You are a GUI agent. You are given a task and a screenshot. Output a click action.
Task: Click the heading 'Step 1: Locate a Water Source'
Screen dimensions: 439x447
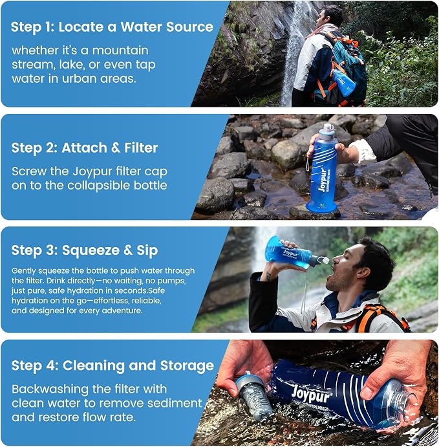[x=112, y=27]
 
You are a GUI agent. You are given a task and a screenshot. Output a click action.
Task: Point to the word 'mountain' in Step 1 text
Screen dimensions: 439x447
[x=120, y=50]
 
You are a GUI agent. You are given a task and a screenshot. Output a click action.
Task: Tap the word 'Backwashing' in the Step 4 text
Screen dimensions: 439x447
[x=50, y=389]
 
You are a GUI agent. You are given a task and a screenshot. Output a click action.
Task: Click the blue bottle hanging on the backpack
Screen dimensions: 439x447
[x=343, y=83]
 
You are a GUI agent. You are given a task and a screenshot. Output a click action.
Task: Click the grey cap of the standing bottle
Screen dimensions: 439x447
[x=328, y=130]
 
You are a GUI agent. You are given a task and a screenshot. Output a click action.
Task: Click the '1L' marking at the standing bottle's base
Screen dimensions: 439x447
[x=322, y=205]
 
